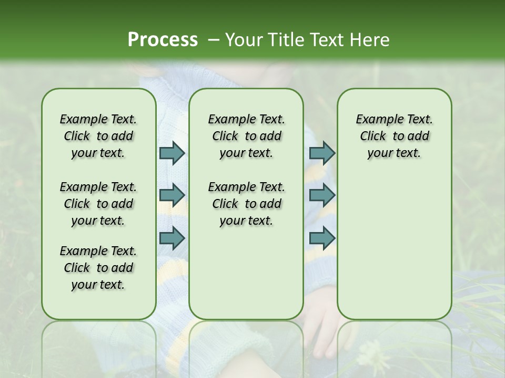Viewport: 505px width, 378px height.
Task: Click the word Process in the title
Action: pyautogui.click(x=163, y=40)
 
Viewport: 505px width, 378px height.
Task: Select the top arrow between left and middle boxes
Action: pyautogui.click(x=172, y=153)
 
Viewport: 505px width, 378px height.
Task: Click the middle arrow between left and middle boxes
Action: pyautogui.click(x=172, y=195)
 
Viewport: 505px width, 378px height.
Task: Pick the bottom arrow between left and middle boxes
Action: pyautogui.click(x=172, y=238)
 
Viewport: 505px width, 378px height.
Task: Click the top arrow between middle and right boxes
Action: pyautogui.click(x=322, y=153)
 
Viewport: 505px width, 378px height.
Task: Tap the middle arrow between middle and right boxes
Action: pyautogui.click(x=322, y=195)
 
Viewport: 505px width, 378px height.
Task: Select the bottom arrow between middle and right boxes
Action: pyautogui.click(x=322, y=238)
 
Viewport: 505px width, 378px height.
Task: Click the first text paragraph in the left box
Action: pyautogui.click(x=98, y=136)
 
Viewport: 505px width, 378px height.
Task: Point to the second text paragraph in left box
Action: pyautogui.click(x=98, y=204)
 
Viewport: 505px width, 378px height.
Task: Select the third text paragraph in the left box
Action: pyautogui.click(x=98, y=268)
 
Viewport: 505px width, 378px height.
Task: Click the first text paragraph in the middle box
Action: pyautogui.click(x=246, y=136)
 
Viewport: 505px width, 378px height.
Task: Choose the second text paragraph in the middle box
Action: pyautogui.click(x=246, y=204)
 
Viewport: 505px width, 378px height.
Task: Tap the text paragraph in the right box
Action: pyautogui.click(x=394, y=136)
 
